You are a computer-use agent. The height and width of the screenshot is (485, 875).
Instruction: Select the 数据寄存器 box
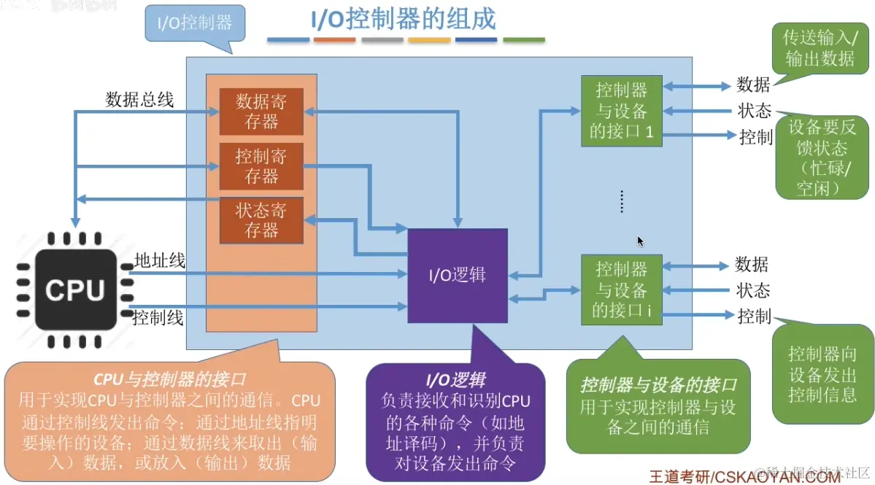[261, 112]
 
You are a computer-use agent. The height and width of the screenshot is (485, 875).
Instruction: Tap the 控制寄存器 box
[261, 166]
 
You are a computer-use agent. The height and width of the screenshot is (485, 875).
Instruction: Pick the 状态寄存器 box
[261, 220]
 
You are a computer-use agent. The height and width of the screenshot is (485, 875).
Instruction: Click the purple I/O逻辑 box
[457, 276]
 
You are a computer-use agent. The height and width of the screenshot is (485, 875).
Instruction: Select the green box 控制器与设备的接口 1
[621, 111]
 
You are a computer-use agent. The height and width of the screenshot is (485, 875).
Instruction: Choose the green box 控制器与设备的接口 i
[621, 290]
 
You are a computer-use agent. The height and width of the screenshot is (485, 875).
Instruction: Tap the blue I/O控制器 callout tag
[195, 23]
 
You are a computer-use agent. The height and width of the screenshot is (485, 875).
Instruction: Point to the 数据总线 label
[139, 100]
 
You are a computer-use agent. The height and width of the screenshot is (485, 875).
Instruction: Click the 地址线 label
[160, 260]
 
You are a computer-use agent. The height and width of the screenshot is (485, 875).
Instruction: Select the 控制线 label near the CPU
[158, 318]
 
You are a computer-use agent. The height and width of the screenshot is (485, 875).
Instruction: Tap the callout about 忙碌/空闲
[822, 158]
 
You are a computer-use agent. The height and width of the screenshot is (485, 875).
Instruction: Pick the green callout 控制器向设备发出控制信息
[822, 374]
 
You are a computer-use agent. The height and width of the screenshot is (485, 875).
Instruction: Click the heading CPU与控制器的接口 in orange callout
[170, 379]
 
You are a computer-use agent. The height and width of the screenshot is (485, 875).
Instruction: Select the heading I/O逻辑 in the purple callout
[456, 379]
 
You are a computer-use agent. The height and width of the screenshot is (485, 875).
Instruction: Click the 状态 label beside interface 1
[754, 111]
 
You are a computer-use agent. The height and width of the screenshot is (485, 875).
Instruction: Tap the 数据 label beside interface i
[752, 264]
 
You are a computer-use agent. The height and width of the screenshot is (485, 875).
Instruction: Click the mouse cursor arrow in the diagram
[640, 241]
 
